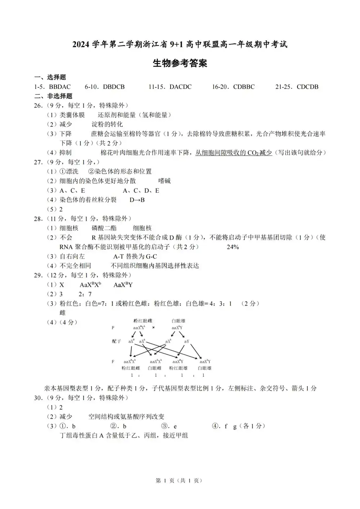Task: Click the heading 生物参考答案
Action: [180, 64]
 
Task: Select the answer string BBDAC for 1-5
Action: [60, 87]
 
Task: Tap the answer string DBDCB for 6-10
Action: [114, 87]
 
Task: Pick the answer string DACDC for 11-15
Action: [180, 87]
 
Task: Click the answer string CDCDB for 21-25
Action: [307, 87]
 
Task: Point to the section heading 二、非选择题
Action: [53, 96]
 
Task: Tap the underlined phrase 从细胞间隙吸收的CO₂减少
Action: [234, 153]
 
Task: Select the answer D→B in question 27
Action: [137, 200]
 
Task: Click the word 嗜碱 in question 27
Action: [165, 181]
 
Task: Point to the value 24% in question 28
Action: [233, 247]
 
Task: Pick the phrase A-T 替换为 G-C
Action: [135, 256]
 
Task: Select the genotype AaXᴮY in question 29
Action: [123, 285]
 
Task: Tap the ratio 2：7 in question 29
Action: [85, 294]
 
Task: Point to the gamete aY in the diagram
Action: [187, 341]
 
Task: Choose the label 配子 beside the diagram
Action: [116, 341]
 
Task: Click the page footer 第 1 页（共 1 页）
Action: [179, 480]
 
